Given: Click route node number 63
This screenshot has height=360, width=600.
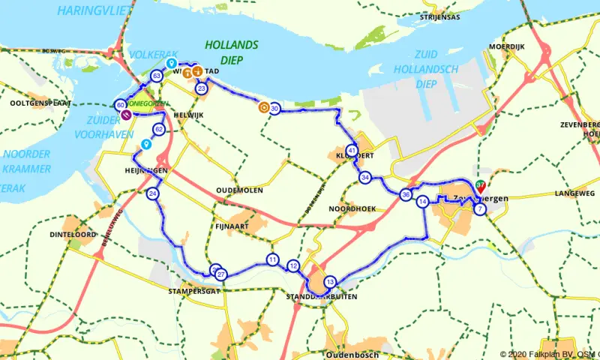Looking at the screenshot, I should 157,76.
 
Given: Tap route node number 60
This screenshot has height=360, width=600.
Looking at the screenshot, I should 121,106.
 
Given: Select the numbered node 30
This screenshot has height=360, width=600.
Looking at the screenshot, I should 275,109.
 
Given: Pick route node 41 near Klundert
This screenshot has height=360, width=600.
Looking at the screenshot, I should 352,150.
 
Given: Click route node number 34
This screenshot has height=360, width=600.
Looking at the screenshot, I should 365,178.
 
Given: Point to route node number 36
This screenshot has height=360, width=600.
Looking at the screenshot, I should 406,195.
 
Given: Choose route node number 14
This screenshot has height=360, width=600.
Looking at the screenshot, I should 423,202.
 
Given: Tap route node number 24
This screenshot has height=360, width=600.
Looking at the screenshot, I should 153,194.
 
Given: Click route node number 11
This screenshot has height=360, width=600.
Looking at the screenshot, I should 271,260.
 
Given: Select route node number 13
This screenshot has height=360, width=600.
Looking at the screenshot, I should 330,282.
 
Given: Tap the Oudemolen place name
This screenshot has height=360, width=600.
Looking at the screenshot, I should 238,190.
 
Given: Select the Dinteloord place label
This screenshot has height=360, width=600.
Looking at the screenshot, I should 73,235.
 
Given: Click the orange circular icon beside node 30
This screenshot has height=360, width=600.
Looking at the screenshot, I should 263,107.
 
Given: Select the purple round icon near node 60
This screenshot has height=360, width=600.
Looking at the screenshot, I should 127,115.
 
